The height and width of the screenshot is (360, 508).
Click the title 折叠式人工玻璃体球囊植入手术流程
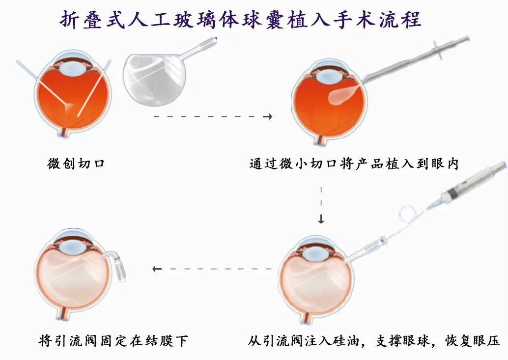coord(240,20)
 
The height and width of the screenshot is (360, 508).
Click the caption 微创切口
coord(76,164)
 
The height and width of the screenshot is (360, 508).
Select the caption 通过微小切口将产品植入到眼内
coord(354,164)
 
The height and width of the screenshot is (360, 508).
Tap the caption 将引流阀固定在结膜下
coord(113,340)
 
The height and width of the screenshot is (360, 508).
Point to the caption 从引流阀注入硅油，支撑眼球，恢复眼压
coord(374,340)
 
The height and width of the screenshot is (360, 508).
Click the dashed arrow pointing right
coord(213,116)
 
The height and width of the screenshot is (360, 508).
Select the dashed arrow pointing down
coord(321,205)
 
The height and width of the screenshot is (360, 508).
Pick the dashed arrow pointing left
coord(212,269)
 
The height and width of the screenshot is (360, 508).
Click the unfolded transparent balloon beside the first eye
coord(155,79)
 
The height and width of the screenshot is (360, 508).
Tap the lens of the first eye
coord(73,70)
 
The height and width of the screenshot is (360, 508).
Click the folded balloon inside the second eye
coord(343,94)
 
